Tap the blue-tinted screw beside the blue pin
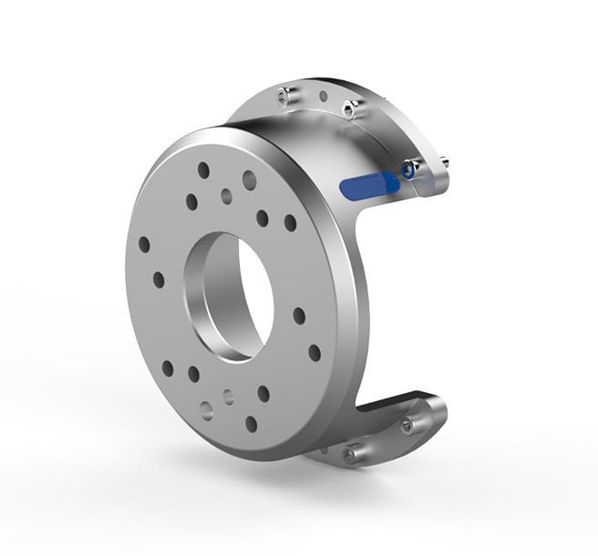click(x=410, y=169)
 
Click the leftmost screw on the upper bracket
click(x=284, y=93)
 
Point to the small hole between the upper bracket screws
click(x=323, y=96)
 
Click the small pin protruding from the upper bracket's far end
click(x=443, y=162)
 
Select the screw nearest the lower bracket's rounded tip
click(x=407, y=424)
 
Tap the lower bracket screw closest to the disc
click(x=350, y=453)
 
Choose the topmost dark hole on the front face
click(x=203, y=170)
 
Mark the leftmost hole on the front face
click(x=144, y=244)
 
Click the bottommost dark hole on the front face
click(x=251, y=424)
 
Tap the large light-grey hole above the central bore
click(x=249, y=180)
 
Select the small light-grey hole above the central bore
click(x=226, y=196)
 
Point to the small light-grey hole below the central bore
click(x=229, y=397)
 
